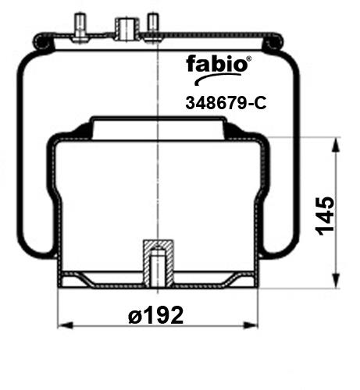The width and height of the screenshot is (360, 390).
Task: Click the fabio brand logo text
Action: [x=217, y=63]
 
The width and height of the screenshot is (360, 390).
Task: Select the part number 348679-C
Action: [x=226, y=103]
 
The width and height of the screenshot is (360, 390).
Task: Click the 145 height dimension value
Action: [x=325, y=216]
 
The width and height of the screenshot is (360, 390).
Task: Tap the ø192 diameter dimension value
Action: [x=156, y=315]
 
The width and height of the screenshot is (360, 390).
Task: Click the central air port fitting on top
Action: [x=127, y=29]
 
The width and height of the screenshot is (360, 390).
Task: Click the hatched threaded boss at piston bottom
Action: [x=159, y=263]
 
